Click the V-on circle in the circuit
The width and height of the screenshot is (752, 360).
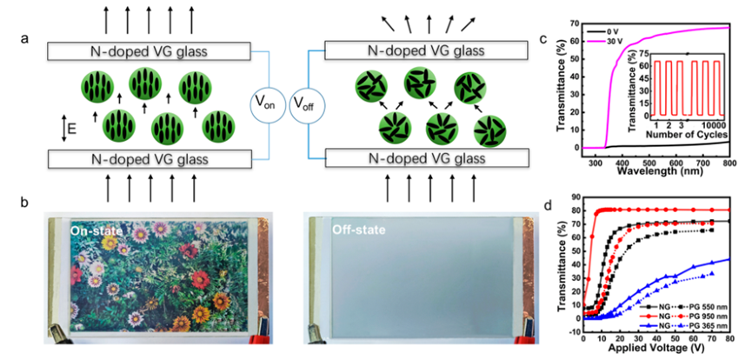click(x=270, y=103)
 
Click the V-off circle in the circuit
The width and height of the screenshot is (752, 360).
click(x=306, y=103)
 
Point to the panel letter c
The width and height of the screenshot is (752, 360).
click(x=543, y=39)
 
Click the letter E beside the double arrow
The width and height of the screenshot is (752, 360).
click(x=71, y=131)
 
